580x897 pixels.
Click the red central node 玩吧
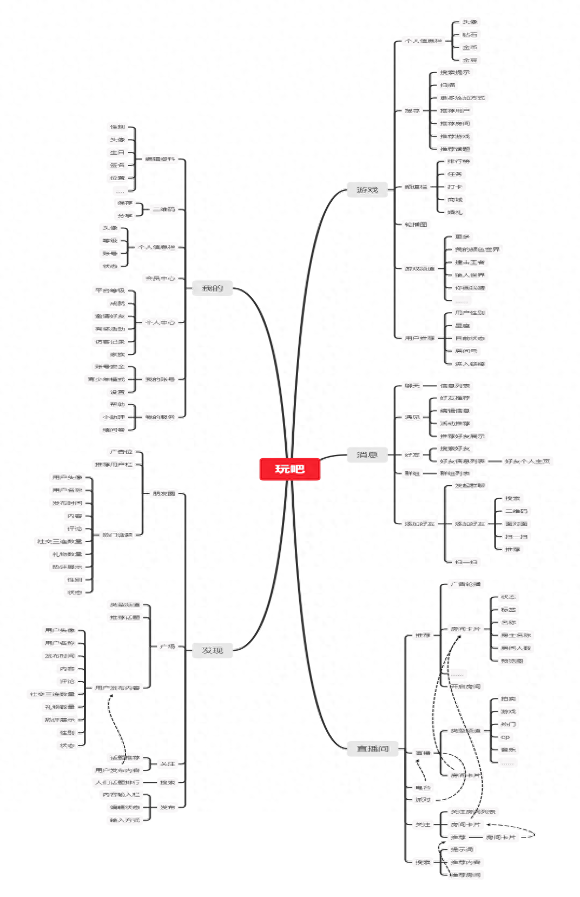(x=289, y=469)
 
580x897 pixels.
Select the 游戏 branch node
(x=367, y=190)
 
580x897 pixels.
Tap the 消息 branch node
(x=367, y=455)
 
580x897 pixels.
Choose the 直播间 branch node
(x=372, y=749)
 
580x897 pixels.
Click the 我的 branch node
(x=212, y=288)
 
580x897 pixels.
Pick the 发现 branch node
(x=212, y=650)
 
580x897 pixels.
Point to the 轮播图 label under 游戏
(x=416, y=225)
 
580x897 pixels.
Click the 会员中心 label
(x=160, y=279)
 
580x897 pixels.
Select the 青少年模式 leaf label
(x=106, y=379)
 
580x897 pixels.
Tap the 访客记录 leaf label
(x=110, y=342)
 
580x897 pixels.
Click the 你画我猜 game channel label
(x=470, y=288)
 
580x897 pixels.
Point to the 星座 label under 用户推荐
(x=462, y=326)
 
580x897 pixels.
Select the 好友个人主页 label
(x=527, y=461)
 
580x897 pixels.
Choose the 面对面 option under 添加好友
(x=516, y=524)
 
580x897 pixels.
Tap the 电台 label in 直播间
(x=423, y=788)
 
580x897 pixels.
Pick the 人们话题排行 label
(x=117, y=782)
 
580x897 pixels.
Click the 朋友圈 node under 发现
(x=163, y=493)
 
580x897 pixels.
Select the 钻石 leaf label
(x=470, y=35)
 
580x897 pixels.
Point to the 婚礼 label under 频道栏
(x=454, y=213)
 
